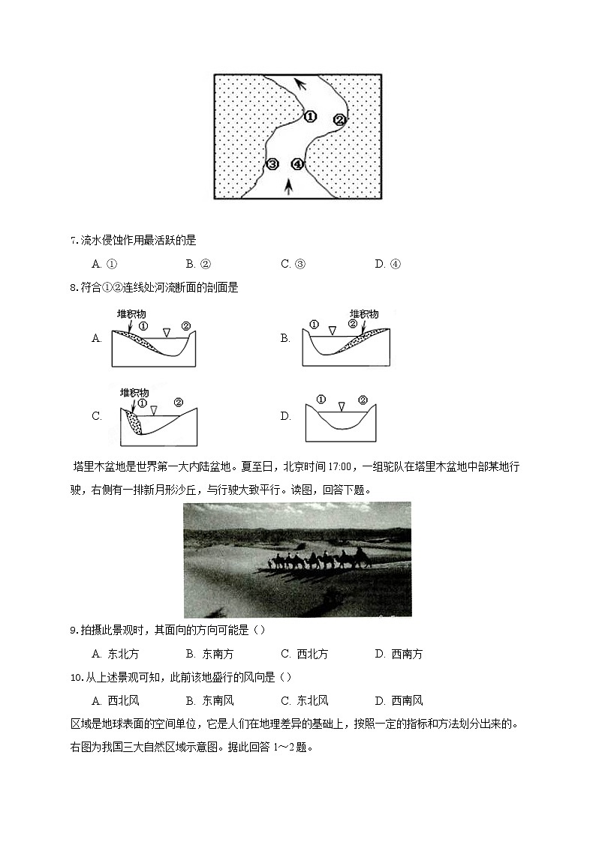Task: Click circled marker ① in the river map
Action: pos(310,116)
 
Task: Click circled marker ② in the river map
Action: pos(339,119)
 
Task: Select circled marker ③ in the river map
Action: pos(272,163)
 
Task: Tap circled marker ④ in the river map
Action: pos(298,163)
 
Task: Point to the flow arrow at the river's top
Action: pos(300,83)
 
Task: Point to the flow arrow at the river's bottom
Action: pos(290,186)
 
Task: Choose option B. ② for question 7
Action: pos(198,263)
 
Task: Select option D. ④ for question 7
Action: pos(388,263)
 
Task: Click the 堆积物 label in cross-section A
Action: pos(131,313)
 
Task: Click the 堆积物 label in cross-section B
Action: pos(363,313)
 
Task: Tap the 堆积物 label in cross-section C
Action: pos(134,392)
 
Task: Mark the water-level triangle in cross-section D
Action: pos(342,406)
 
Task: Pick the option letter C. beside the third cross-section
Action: pos(96,416)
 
